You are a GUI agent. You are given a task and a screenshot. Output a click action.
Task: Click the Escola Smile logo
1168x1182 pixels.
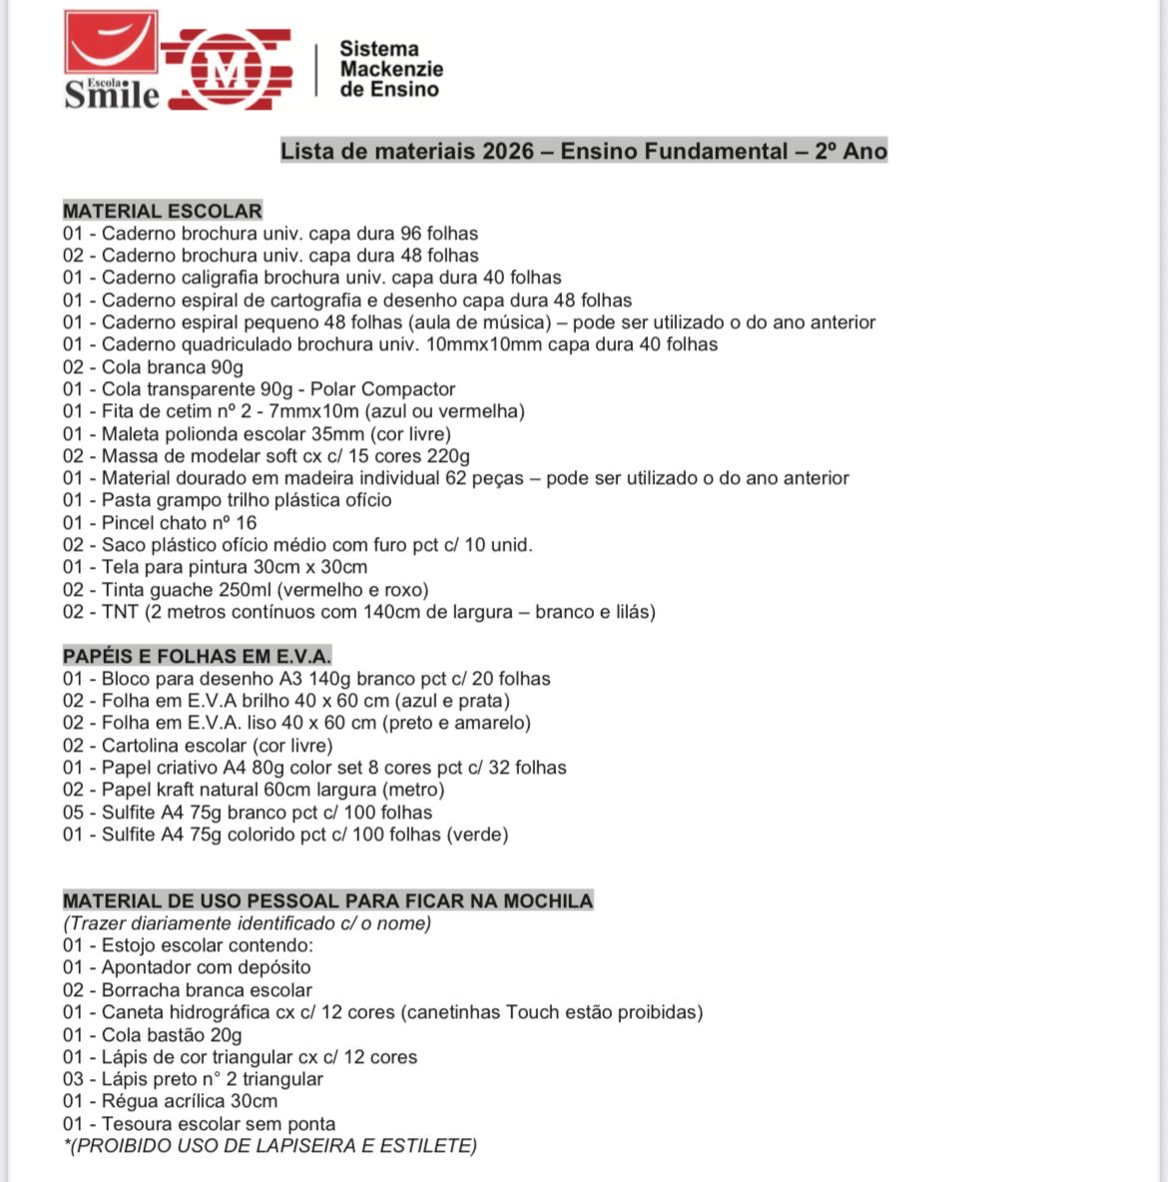point(111,59)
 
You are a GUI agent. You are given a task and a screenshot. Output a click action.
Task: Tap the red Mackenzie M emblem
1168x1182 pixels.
point(229,69)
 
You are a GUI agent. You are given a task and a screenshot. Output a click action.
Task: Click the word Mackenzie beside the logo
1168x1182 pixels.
point(390,69)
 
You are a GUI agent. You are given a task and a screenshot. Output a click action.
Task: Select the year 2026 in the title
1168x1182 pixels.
point(508,152)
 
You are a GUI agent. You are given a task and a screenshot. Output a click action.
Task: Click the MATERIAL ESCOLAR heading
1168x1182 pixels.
point(162,211)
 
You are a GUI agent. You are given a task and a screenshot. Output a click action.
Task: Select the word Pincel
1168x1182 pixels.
point(129,523)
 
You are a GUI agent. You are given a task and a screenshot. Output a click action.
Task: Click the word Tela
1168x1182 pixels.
point(121,567)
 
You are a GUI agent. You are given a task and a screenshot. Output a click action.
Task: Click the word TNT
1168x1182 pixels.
point(120,612)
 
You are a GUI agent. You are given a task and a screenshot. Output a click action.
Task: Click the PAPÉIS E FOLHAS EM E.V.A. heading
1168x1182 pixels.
point(197,656)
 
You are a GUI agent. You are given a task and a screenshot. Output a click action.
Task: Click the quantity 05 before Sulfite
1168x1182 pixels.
point(74,813)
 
